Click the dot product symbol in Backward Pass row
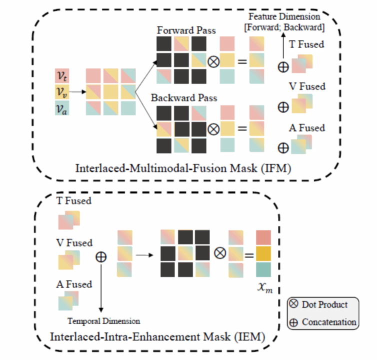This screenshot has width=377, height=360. pyautogui.click(x=213, y=128)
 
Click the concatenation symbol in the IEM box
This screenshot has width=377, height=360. pyautogui.click(x=101, y=256)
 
